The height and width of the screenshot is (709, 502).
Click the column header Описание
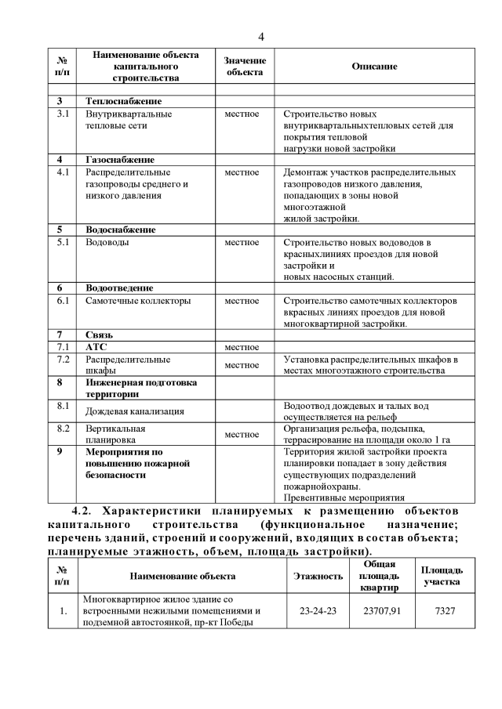click(374, 67)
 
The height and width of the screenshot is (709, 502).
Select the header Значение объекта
click(245, 67)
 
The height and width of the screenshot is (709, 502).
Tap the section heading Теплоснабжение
click(123, 102)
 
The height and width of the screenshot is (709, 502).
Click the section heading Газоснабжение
click(119, 160)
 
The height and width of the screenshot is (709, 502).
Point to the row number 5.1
click(64, 242)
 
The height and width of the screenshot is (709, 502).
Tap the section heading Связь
click(99, 335)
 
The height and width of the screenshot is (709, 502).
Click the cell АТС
click(96, 346)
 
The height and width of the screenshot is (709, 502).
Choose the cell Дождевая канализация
click(134, 411)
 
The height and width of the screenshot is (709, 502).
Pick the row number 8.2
click(64, 429)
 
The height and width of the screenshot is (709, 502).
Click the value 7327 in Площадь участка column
click(443, 610)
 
